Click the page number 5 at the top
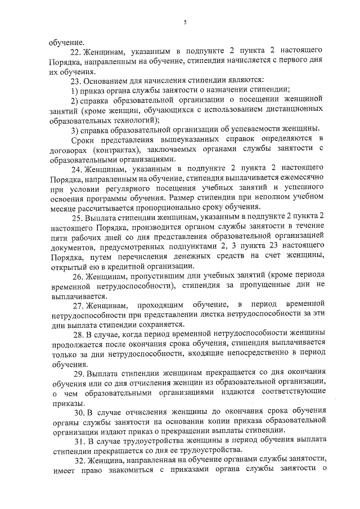tap(184, 22)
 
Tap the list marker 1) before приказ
tap(74, 90)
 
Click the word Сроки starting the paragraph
tap(82, 139)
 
